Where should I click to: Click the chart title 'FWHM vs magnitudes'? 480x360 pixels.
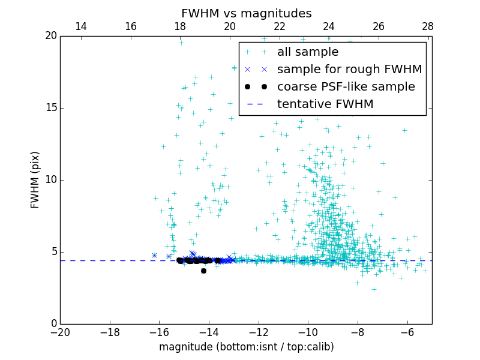coord(246,13)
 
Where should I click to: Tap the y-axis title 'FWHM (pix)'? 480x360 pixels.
coord(35,180)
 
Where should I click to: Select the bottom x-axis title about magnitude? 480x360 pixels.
coord(246,347)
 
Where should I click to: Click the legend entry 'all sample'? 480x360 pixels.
coord(307,52)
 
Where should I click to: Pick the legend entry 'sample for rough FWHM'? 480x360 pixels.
coord(349,70)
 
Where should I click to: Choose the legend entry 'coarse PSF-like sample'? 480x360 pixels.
coord(346,87)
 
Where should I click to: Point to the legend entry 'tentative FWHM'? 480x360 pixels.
coord(325,104)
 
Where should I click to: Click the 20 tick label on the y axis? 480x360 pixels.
coord(50,36)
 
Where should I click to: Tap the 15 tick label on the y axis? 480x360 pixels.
coord(50,108)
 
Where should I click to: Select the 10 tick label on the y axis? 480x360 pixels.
coord(50,180)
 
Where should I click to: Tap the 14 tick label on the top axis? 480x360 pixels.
coord(80,26)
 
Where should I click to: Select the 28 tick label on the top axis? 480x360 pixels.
coord(428,26)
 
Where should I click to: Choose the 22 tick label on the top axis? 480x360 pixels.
coord(279,26)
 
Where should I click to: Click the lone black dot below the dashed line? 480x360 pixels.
coord(203,271)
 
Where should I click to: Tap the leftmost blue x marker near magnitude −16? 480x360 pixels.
coord(154,255)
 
